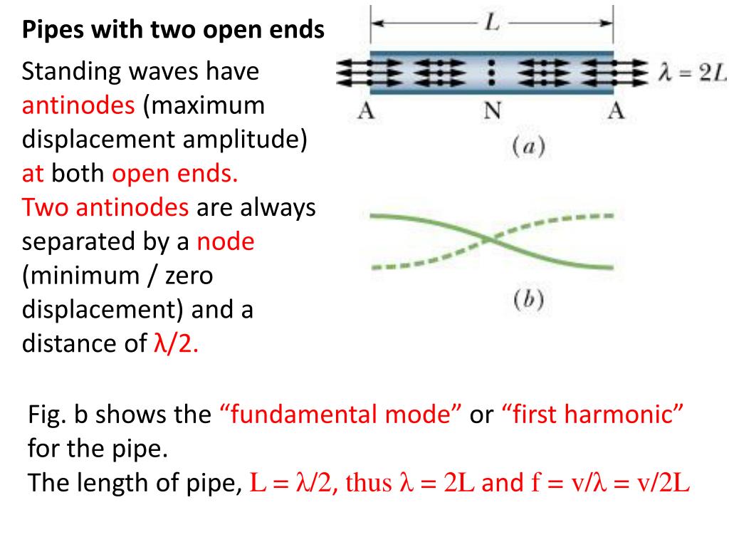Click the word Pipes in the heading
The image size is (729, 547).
pos(48,31)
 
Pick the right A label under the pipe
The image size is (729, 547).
pos(617,111)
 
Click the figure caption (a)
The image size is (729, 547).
pos(528,147)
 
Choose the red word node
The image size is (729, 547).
pos(226,242)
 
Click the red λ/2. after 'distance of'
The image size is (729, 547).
pos(176,345)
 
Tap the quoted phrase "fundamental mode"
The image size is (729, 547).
pos(338,415)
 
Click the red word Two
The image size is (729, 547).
pos(45,208)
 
